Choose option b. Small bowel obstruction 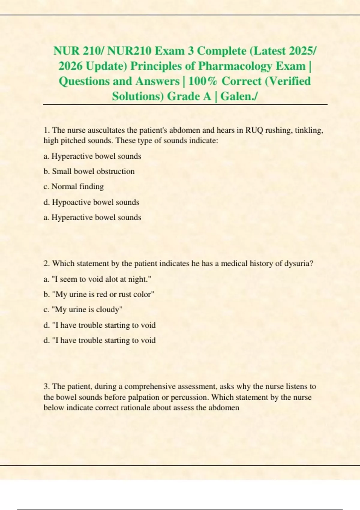pos(89,171)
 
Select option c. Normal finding pos(74,187)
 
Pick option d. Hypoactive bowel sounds pos(91,202)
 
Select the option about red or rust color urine pos(99,294)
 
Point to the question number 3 pos(46,386)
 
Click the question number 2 pos(46,264)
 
